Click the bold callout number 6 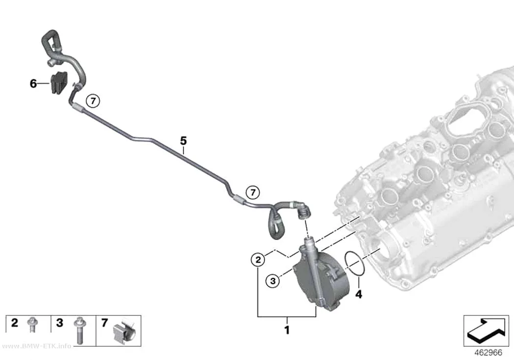pos(33,84)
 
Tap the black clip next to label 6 pos(59,82)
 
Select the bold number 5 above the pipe pos(183,141)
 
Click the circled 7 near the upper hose pos(93,101)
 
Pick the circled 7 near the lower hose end pos(253,192)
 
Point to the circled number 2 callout pos(258,260)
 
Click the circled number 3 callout pos(273,281)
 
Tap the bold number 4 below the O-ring pos(359,294)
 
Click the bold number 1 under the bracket pos(287,330)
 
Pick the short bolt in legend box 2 pos(32,324)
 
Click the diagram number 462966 pos(488,353)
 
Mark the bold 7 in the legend pos(104,323)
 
